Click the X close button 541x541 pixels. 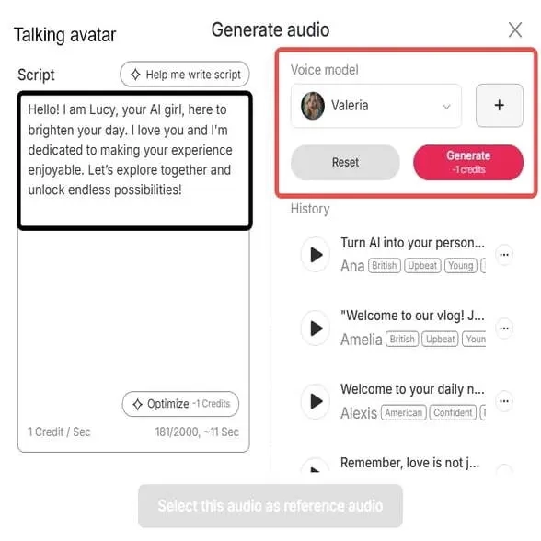click(515, 30)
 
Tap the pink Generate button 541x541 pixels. click(468, 162)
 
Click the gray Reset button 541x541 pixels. click(345, 163)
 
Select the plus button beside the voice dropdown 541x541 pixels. click(499, 106)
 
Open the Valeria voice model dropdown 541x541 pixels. click(376, 106)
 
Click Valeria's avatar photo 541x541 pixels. click(313, 106)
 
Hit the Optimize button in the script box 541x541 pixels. click(180, 404)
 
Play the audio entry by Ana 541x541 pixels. click(316, 254)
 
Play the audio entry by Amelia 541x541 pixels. click(316, 328)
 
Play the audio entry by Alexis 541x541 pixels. click(316, 401)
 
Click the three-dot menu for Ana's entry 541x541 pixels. click(503, 254)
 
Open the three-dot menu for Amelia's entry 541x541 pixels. click(503, 328)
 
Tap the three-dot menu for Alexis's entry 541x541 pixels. click(503, 401)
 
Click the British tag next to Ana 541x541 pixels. click(385, 266)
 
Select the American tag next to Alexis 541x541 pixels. click(403, 413)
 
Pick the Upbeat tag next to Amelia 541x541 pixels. click(441, 340)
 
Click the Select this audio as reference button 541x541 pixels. click(270, 506)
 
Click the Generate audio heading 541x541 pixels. click(270, 29)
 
